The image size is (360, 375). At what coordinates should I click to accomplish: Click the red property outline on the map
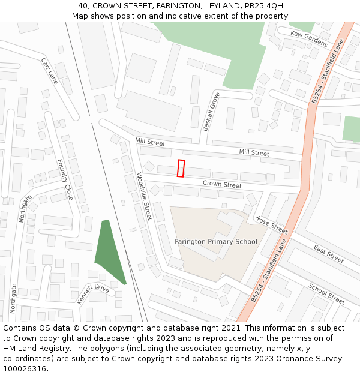pyautogui.click(x=181, y=169)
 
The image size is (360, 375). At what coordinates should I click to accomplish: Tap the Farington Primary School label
pyautogui.click(x=215, y=242)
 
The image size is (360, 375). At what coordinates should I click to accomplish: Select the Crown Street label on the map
pyautogui.click(x=222, y=184)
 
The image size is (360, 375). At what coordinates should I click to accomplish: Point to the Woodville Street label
pyautogui.click(x=144, y=196)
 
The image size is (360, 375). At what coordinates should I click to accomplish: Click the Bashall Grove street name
pyautogui.click(x=211, y=112)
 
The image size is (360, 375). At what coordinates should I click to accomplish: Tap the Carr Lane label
pyautogui.click(x=49, y=71)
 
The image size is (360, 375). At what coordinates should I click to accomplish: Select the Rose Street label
pyautogui.click(x=271, y=225)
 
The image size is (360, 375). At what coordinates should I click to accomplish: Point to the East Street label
pyautogui.click(x=328, y=254)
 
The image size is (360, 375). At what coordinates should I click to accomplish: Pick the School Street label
pyautogui.click(x=326, y=293)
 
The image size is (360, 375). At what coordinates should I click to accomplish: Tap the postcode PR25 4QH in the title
pyautogui.click(x=265, y=6)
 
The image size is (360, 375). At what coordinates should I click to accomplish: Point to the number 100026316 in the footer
pyautogui.click(x=25, y=369)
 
